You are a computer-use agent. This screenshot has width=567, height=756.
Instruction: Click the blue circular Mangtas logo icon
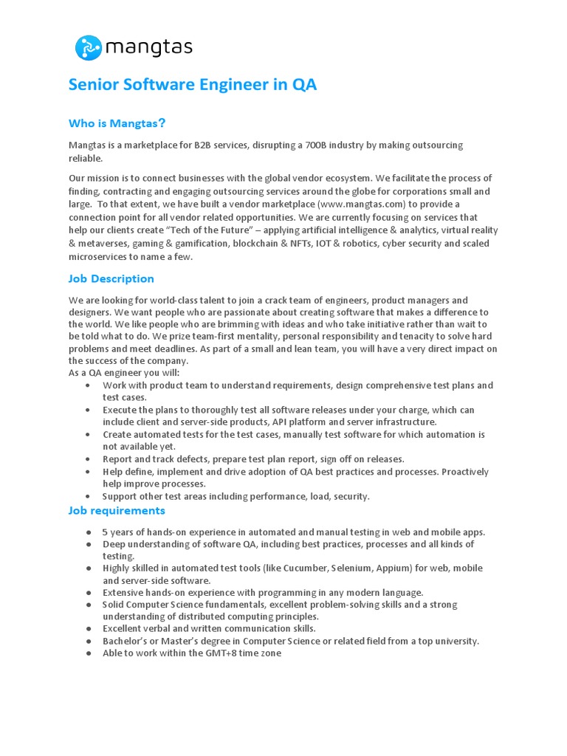click(x=88, y=48)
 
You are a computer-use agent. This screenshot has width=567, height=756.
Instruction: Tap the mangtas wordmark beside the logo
click(x=148, y=49)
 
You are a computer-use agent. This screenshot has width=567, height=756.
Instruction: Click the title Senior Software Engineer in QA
click(x=193, y=85)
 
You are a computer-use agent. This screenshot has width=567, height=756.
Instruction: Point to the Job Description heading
click(x=111, y=279)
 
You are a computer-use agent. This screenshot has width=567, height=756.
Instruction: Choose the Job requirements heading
click(x=117, y=511)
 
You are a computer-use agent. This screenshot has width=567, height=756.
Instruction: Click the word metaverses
click(x=105, y=244)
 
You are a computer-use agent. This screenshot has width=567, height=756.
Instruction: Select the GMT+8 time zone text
click(x=244, y=653)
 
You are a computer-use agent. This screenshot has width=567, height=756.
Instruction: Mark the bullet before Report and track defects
click(x=89, y=459)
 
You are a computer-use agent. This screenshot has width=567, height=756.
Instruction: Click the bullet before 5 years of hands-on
click(x=89, y=532)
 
